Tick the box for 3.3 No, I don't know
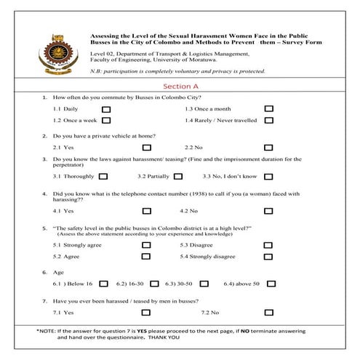268,176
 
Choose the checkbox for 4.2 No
268,211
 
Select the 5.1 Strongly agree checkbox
147,245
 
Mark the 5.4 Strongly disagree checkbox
268,257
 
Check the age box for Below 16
103,284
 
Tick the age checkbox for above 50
268,284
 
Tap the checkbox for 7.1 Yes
147,313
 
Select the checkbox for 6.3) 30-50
204,284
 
